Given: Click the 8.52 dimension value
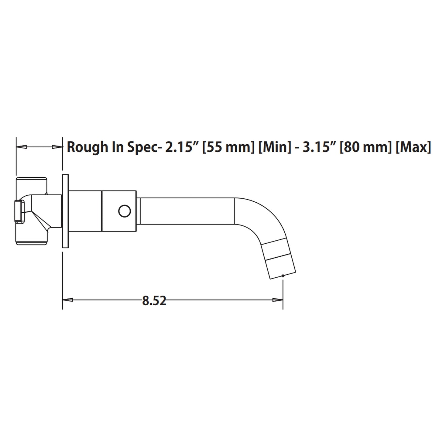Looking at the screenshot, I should click(x=154, y=301).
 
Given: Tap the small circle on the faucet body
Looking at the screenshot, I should click(x=124, y=211).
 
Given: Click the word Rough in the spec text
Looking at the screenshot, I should click(x=87, y=147).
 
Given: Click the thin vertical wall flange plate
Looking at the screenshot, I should click(x=65, y=211).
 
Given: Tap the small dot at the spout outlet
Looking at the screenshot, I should click(x=283, y=276).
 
